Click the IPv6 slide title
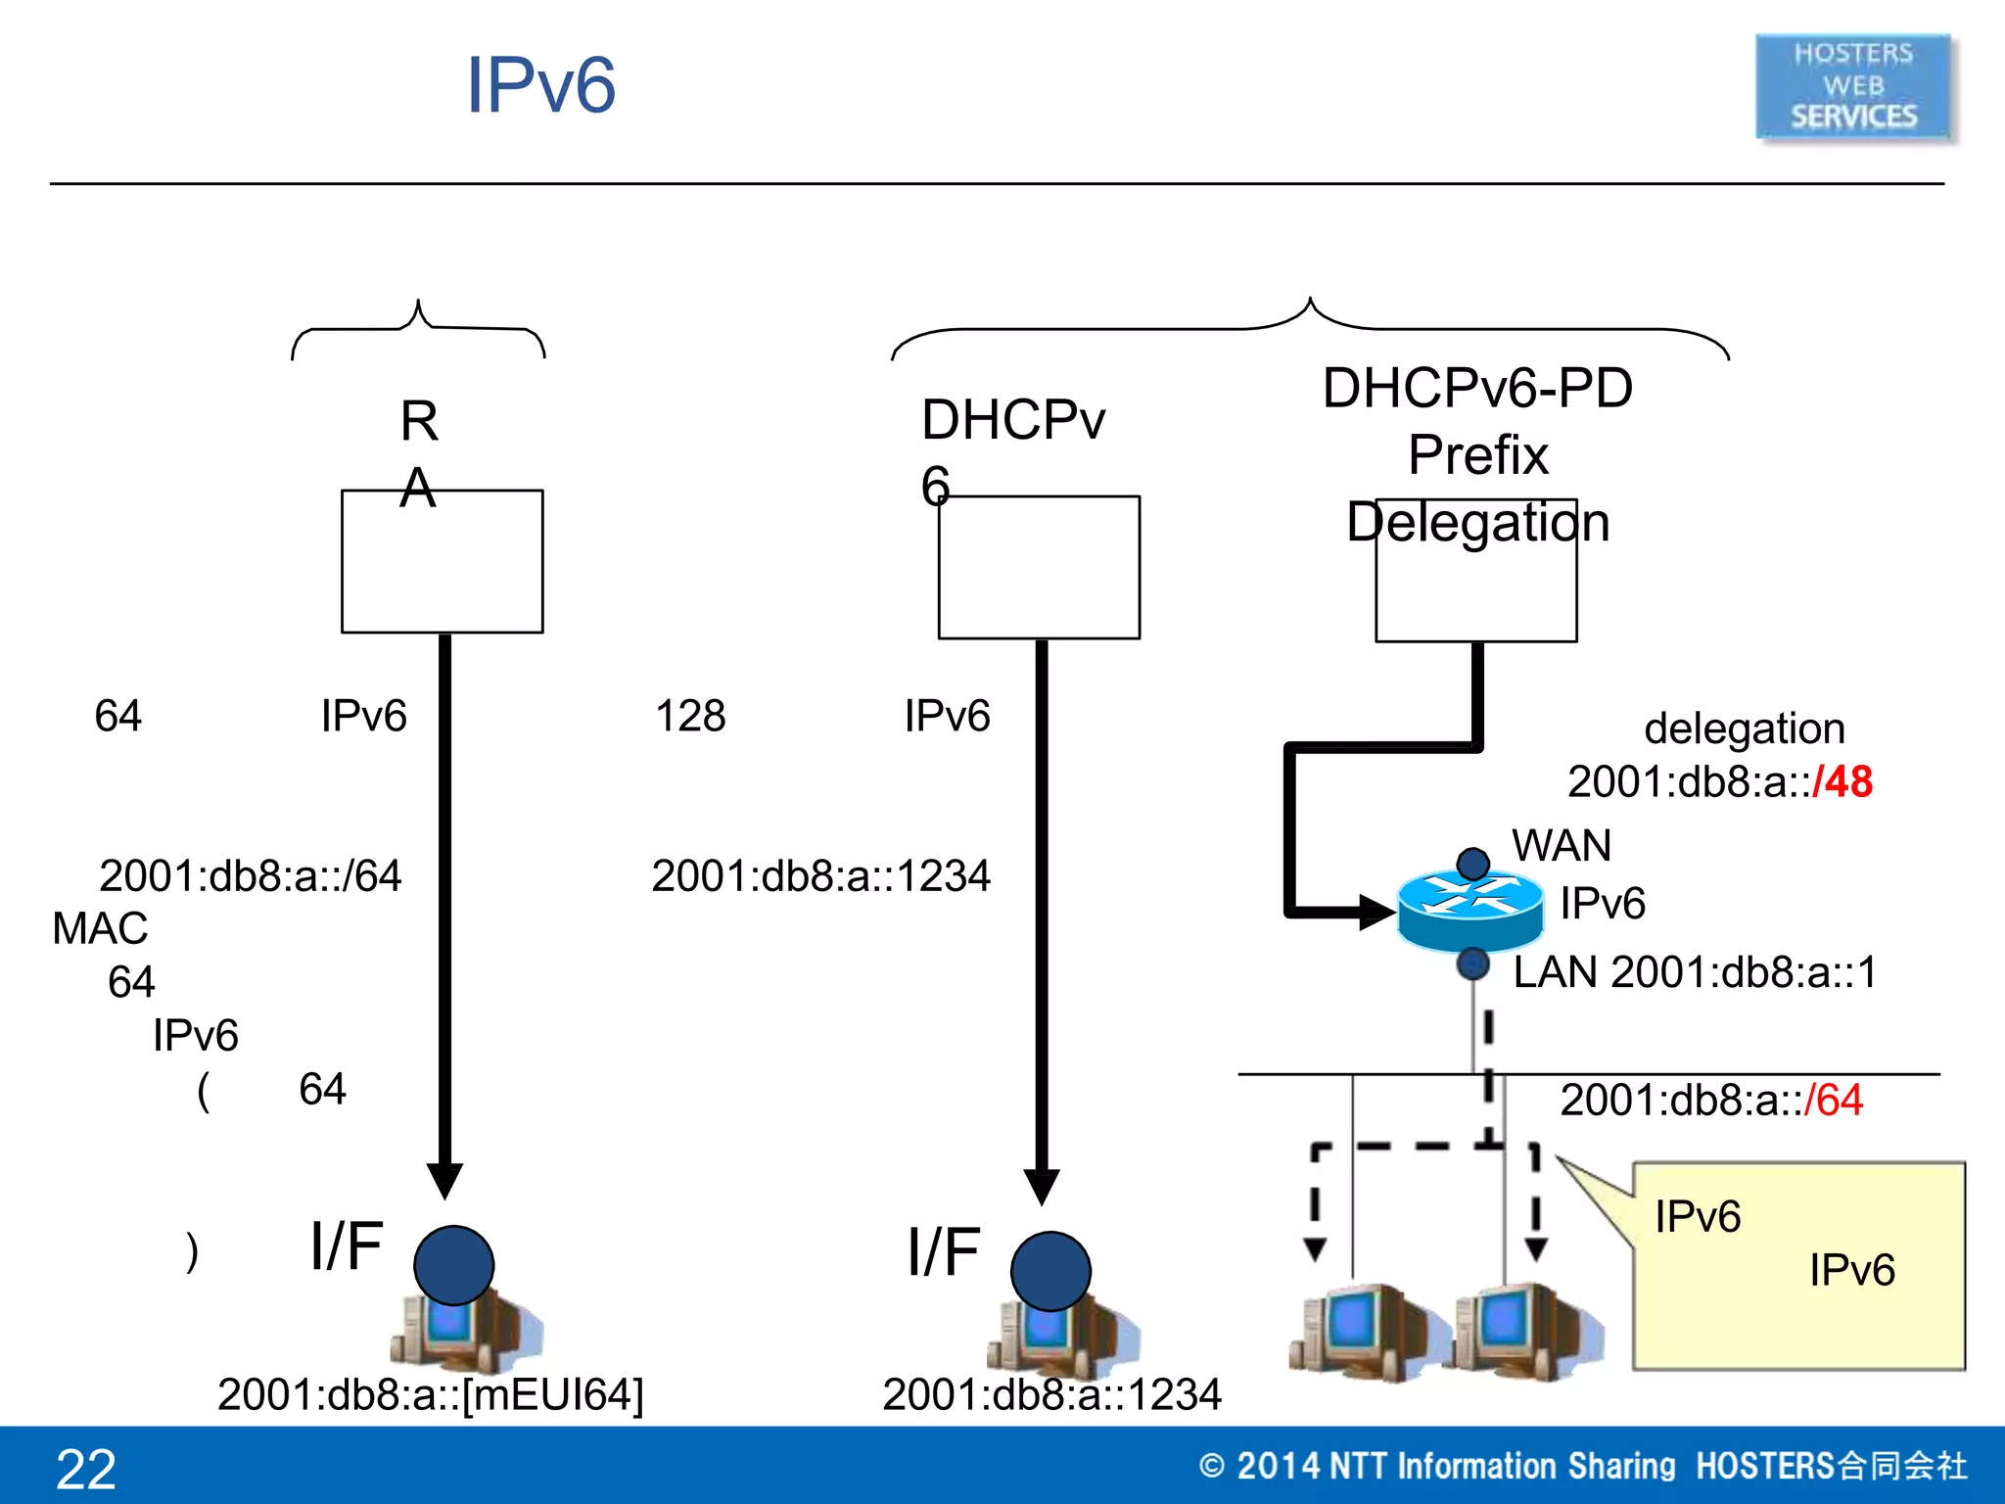tap(540, 86)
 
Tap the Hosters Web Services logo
tap(1853, 87)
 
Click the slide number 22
tap(86, 1469)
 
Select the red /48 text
tap(1842, 782)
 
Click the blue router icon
tap(1469, 911)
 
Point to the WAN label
tap(1562, 846)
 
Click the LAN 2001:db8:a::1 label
tap(1695, 972)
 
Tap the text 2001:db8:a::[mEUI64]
tap(431, 1394)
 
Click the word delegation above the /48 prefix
tap(1744, 728)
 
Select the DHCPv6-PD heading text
tap(1477, 389)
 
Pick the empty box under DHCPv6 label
tap(1039, 578)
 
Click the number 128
tap(690, 716)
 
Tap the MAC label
tap(100, 928)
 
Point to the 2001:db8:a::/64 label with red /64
tap(1710, 1101)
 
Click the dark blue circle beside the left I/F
tap(453, 1265)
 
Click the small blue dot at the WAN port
tap(1472, 864)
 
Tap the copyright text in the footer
tap(1582, 1466)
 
